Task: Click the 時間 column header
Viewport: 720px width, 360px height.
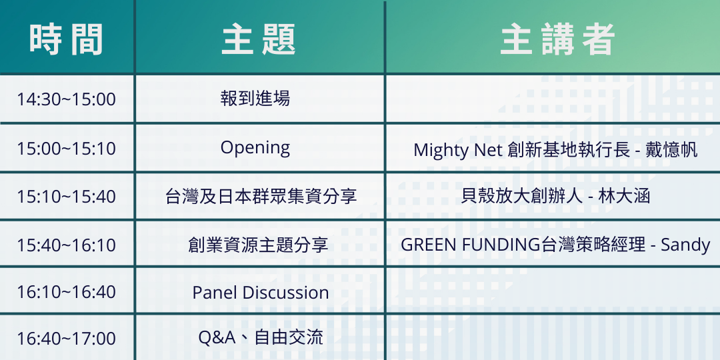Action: click(x=66, y=39)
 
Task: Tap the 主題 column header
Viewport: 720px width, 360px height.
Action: click(x=259, y=39)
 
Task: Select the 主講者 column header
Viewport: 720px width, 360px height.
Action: click(x=557, y=39)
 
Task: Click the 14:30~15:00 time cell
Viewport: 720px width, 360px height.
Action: click(x=66, y=99)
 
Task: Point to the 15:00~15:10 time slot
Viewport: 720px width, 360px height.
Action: click(x=66, y=149)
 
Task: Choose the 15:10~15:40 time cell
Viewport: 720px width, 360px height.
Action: click(x=66, y=197)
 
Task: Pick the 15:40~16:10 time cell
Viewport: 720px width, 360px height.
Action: click(x=66, y=245)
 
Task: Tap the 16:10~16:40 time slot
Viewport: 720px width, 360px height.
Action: click(x=66, y=291)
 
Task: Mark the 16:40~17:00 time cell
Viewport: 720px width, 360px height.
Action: click(x=66, y=339)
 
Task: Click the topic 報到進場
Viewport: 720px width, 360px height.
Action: click(x=255, y=98)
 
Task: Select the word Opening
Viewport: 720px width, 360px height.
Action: click(x=255, y=148)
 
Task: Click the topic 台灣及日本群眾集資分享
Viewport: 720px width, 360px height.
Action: click(x=261, y=197)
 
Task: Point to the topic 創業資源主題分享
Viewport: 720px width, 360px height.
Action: click(x=258, y=245)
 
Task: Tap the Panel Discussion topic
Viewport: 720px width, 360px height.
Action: click(x=261, y=293)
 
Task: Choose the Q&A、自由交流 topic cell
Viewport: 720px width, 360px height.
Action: click(x=261, y=338)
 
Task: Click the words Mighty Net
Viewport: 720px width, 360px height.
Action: click(x=458, y=151)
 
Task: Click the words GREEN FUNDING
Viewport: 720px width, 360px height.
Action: click(x=470, y=245)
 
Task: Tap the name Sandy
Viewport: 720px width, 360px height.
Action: click(x=685, y=245)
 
